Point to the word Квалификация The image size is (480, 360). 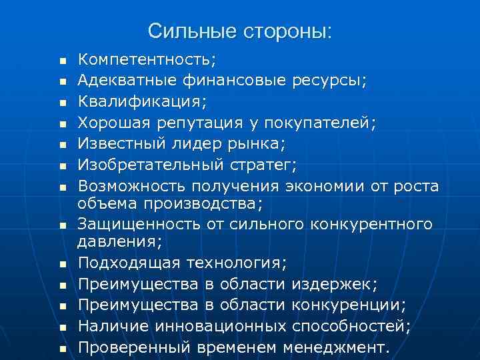141,101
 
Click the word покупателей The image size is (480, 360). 320,123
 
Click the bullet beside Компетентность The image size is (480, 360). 62,61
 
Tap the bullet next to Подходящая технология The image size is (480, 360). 62,265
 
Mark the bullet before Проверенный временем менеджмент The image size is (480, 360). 62,348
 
